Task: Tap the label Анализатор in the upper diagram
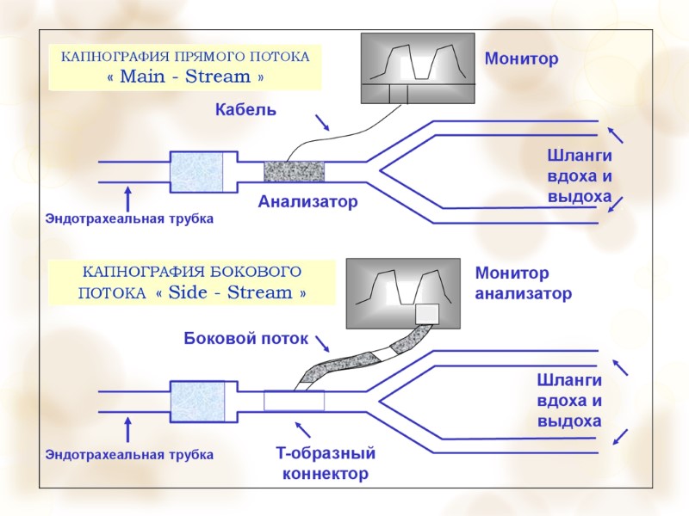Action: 307,202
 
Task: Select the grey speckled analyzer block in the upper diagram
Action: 294,170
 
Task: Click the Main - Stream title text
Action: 184,77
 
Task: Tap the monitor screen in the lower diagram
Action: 401,293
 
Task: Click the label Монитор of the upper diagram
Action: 521,59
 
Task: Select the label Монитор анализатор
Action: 523,284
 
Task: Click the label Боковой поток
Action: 245,339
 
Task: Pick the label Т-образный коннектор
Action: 325,464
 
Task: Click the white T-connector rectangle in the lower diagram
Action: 294,400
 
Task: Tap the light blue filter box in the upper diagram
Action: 197,172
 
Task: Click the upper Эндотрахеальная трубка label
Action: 128,219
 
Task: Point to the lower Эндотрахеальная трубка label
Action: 128,453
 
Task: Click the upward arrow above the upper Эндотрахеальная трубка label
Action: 128,197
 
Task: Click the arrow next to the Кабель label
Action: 322,121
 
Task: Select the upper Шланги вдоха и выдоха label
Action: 579,177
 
